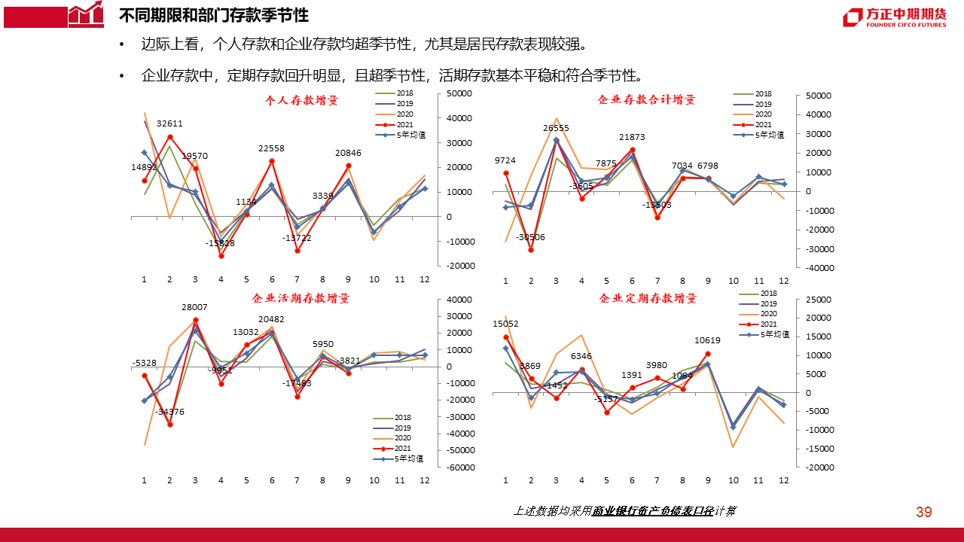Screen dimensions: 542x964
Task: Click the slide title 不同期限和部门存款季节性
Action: point(214,16)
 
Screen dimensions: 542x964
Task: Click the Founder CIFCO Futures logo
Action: point(894,17)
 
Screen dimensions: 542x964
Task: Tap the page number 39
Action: point(924,513)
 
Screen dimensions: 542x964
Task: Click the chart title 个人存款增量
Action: point(302,100)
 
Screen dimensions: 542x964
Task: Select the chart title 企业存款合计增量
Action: point(646,99)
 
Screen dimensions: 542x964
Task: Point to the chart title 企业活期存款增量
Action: point(301,298)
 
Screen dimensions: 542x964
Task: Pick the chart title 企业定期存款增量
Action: point(648,298)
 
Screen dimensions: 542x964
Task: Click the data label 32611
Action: point(169,123)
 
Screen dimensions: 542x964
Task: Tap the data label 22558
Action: point(272,148)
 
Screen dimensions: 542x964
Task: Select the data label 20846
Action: point(349,154)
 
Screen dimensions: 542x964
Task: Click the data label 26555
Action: point(556,129)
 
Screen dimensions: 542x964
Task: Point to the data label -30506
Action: point(530,238)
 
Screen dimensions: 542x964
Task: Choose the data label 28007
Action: point(196,308)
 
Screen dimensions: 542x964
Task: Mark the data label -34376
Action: point(169,412)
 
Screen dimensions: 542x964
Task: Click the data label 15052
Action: point(505,324)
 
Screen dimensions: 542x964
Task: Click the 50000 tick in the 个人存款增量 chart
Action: point(459,93)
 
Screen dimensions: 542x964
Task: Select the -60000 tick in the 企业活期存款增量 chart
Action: point(459,467)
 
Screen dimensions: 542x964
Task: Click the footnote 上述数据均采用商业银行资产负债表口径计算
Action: point(624,511)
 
